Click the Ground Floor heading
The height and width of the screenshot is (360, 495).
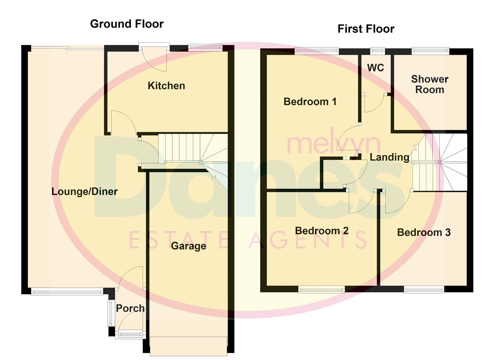click(x=127, y=24)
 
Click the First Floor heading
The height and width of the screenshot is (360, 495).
click(x=366, y=29)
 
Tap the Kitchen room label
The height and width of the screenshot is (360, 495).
click(x=166, y=86)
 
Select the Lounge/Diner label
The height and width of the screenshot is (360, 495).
click(x=85, y=191)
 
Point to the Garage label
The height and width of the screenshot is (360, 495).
click(x=188, y=246)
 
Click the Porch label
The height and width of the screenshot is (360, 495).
click(x=130, y=308)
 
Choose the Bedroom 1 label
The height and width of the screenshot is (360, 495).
click(x=310, y=101)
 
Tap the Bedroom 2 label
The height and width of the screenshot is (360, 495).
click(x=322, y=231)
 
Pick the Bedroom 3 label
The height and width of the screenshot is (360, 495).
click(x=424, y=232)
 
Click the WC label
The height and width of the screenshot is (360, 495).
click(x=375, y=68)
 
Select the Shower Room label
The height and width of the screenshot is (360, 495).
click(x=429, y=84)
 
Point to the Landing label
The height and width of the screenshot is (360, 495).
click(x=389, y=157)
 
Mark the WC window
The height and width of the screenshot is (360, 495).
click(x=377, y=51)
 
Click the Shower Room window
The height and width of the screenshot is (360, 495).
click(x=430, y=51)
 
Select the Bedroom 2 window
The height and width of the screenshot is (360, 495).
click(x=321, y=290)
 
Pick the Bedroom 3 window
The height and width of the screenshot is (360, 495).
click(x=424, y=290)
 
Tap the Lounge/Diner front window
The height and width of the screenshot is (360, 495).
click(x=67, y=292)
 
